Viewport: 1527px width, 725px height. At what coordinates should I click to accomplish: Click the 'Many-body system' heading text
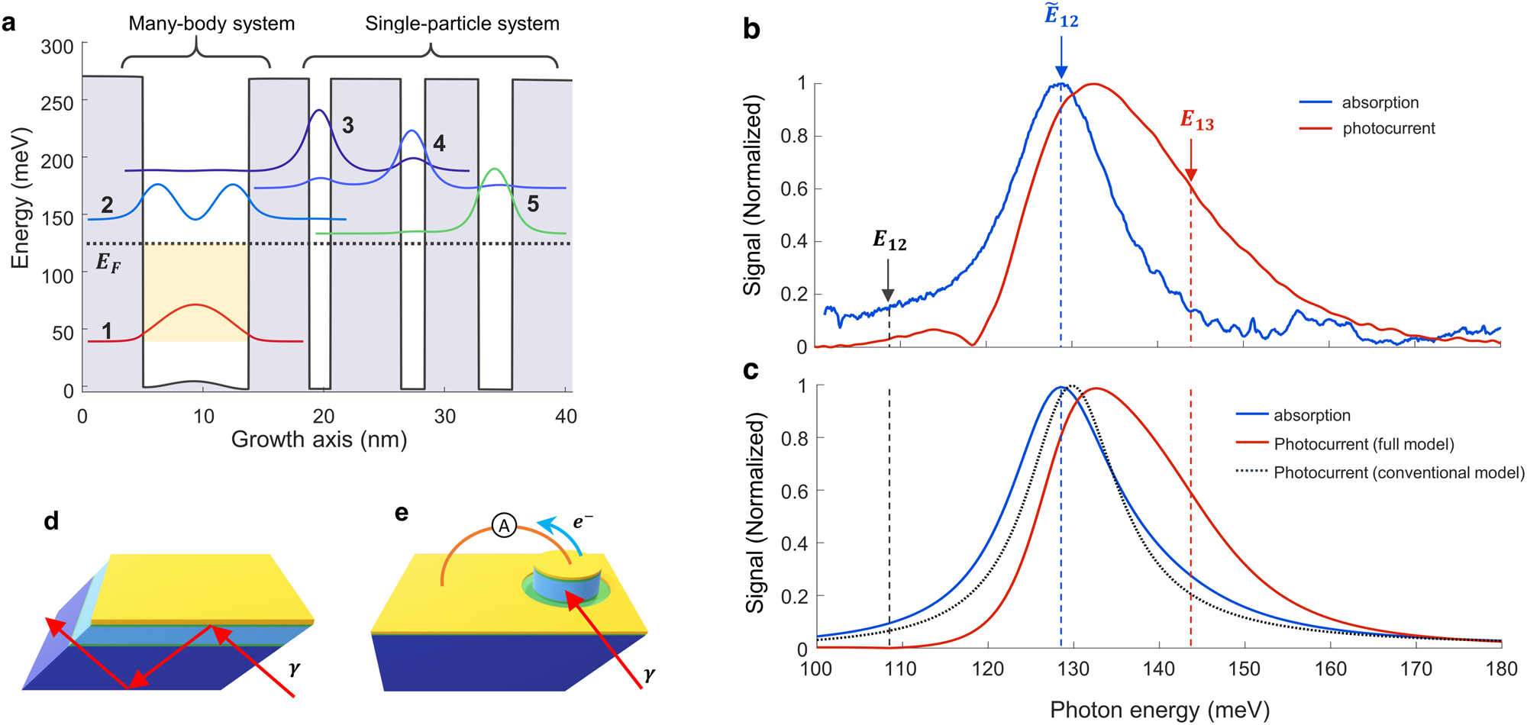[x=211, y=24]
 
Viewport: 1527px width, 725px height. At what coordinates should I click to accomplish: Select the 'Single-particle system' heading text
[x=462, y=24]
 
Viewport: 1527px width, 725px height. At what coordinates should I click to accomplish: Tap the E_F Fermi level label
[x=108, y=263]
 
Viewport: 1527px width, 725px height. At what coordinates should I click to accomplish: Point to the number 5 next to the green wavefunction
[x=533, y=204]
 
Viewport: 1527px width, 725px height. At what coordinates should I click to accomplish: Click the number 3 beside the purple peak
[x=347, y=125]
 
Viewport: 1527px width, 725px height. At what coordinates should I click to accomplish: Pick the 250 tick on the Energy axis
[x=57, y=103]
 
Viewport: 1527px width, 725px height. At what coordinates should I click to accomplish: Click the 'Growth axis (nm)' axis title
[x=319, y=440]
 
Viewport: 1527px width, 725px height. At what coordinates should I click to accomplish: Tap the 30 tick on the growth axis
[x=444, y=417]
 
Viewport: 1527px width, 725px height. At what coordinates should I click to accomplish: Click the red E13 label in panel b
[x=1196, y=121]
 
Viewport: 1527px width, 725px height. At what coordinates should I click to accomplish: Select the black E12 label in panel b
[x=889, y=241]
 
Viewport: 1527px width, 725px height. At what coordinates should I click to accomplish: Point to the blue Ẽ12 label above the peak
[x=1061, y=17]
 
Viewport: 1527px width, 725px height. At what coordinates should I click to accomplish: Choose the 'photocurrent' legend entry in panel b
[x=1388, y=128]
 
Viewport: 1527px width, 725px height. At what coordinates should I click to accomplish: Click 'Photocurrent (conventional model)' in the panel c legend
[x=1399, y=472]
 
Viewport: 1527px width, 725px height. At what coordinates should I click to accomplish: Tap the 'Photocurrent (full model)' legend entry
[x=1364, y=444]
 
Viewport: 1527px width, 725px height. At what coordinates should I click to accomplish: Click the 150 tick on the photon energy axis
[x=1245, y=669]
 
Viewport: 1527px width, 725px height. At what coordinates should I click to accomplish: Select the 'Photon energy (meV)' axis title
[x=1159, y=710]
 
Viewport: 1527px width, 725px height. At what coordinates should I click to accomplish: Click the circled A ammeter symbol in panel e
[x=504, y=526]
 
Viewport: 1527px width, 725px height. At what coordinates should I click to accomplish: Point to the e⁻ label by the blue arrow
[x=583, y=522]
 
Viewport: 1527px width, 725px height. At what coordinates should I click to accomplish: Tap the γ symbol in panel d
[x=295, y=669]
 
